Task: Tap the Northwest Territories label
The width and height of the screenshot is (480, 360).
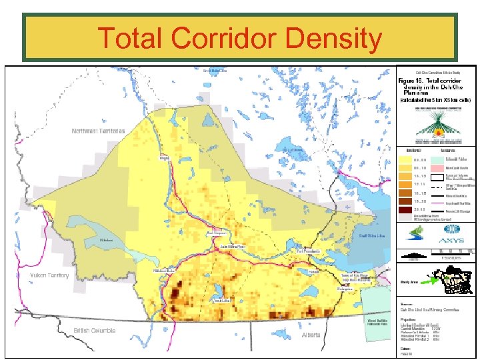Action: click(x=98, y=131)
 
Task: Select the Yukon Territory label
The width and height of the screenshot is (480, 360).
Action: click(x=49, y=275)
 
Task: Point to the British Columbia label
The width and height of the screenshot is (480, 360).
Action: click(x=94, y=331)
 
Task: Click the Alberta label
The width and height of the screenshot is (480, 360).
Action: click(x=311, y=335)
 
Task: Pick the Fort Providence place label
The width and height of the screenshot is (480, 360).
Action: click(x=310, y=251)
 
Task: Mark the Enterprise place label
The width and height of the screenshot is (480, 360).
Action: click(x=345, y=289)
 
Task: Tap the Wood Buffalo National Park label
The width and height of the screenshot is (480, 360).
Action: click(x=378, y=323)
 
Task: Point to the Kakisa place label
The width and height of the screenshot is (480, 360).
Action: click(x=313, y=271)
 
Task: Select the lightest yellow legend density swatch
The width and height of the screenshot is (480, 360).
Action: click(x=405, y=159)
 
